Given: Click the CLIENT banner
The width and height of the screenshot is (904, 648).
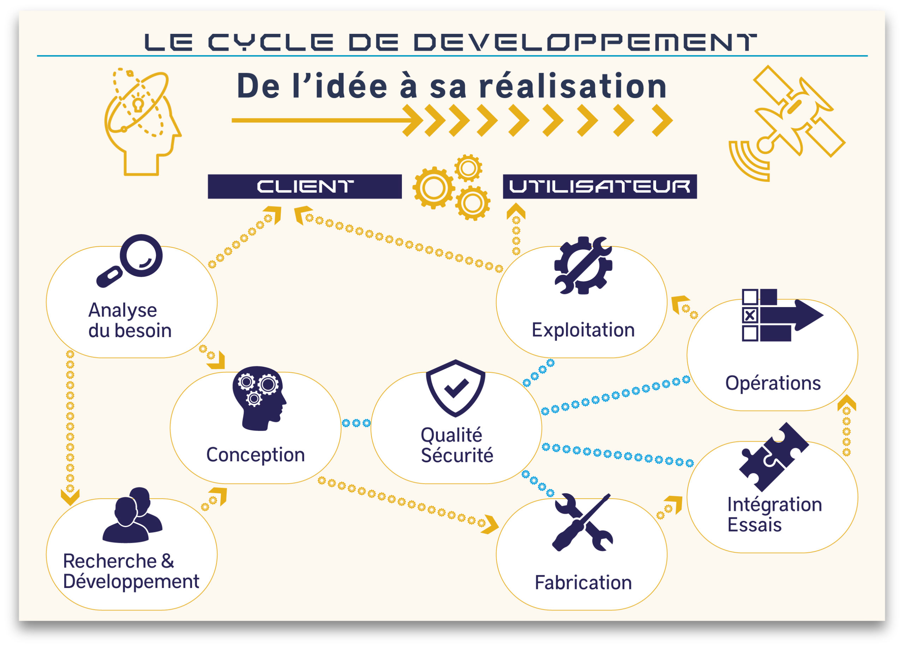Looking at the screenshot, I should click(304, 186).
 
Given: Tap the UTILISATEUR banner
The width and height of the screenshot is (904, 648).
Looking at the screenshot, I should click(600, 186).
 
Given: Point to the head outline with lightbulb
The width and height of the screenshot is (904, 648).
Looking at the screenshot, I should click(142, 121).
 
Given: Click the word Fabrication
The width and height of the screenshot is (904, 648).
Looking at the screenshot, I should click(583, 583).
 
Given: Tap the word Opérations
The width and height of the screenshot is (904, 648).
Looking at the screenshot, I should click(773, 383).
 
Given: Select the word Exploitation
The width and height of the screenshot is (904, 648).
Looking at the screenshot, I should click(583, 330).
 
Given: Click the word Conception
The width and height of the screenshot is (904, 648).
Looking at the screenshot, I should click(256, 455).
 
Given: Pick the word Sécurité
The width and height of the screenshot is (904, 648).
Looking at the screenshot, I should click(457, 456).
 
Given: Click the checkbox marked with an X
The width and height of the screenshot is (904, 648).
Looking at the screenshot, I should click(750, 315).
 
